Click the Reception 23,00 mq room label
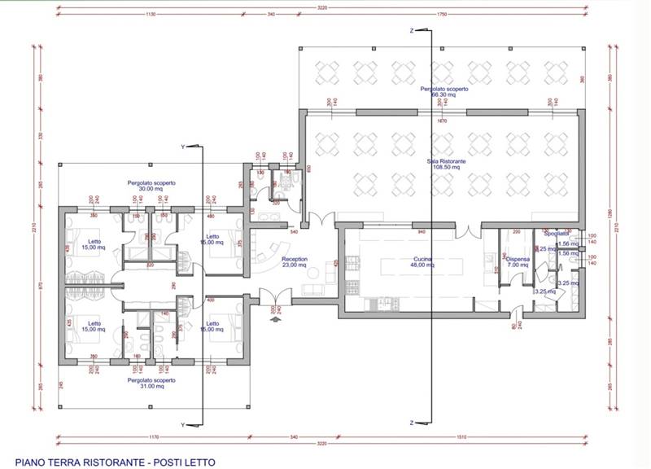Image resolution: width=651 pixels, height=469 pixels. [x=294, y=261]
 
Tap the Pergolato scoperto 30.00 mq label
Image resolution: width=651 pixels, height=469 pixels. [x=151, y=186]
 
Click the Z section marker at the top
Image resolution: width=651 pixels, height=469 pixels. [x=413, y=30]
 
